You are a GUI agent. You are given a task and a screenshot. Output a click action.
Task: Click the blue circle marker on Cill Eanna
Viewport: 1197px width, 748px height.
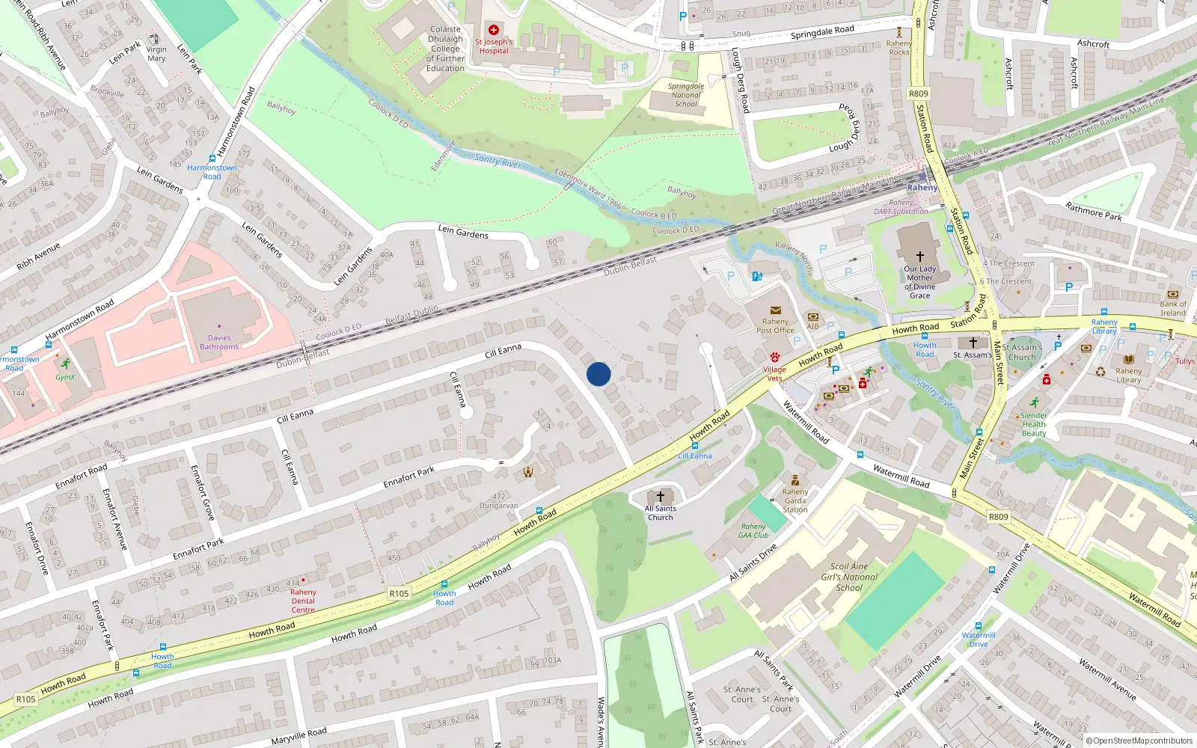tap(598, 374)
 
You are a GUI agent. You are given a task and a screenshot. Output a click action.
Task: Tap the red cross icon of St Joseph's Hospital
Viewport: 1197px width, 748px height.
tap(494, 30)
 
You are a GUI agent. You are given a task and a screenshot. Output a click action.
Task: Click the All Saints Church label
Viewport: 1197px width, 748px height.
tap(660, 512)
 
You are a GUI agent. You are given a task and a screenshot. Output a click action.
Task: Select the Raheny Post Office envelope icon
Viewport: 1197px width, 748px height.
tap(776, 310)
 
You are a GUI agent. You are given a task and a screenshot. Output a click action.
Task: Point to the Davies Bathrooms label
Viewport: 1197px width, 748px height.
tap(219, 342)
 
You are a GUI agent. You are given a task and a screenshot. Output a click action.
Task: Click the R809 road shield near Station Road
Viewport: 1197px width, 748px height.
tap(918, 93)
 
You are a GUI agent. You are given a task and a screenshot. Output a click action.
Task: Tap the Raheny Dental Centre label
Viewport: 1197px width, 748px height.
tap(303, 601)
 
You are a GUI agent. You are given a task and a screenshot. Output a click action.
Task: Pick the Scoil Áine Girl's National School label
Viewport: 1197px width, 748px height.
tap(849, 577)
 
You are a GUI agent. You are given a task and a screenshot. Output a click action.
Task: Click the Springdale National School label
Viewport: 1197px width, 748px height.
tap(686, 95)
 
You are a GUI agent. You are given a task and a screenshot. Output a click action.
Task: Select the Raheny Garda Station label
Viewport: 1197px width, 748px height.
tap(795, 500)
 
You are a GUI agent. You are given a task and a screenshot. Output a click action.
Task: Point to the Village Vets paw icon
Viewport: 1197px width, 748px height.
tap(775, 358)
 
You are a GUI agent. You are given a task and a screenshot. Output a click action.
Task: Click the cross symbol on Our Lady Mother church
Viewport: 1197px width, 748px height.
tap(920, 256)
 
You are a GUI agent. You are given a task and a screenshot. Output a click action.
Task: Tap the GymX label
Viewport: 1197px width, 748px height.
tap(65, 377)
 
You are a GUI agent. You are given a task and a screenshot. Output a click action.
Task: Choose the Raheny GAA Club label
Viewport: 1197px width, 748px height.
tap(753, 531)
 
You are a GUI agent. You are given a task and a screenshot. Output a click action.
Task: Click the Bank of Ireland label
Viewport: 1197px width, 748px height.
tap(1173, 308)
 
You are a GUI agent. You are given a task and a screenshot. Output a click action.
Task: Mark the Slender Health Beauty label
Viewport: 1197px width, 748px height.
tap(1034, 424)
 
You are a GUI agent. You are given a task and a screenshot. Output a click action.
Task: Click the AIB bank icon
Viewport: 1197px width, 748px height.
tap(813, 316)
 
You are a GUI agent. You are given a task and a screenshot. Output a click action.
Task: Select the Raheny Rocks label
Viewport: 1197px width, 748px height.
tap(899, 48)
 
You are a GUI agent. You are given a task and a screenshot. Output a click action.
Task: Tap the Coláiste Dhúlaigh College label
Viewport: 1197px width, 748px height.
tap(445, 49)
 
